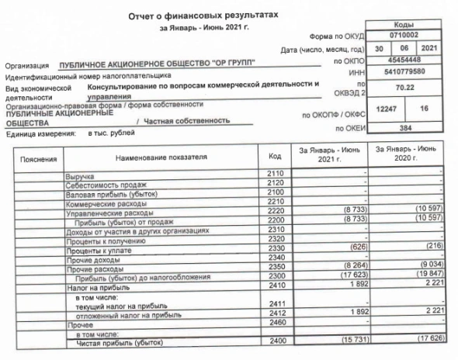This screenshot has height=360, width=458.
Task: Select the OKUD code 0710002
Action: (415, 35)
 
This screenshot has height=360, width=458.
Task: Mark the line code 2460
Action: (275, 323)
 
